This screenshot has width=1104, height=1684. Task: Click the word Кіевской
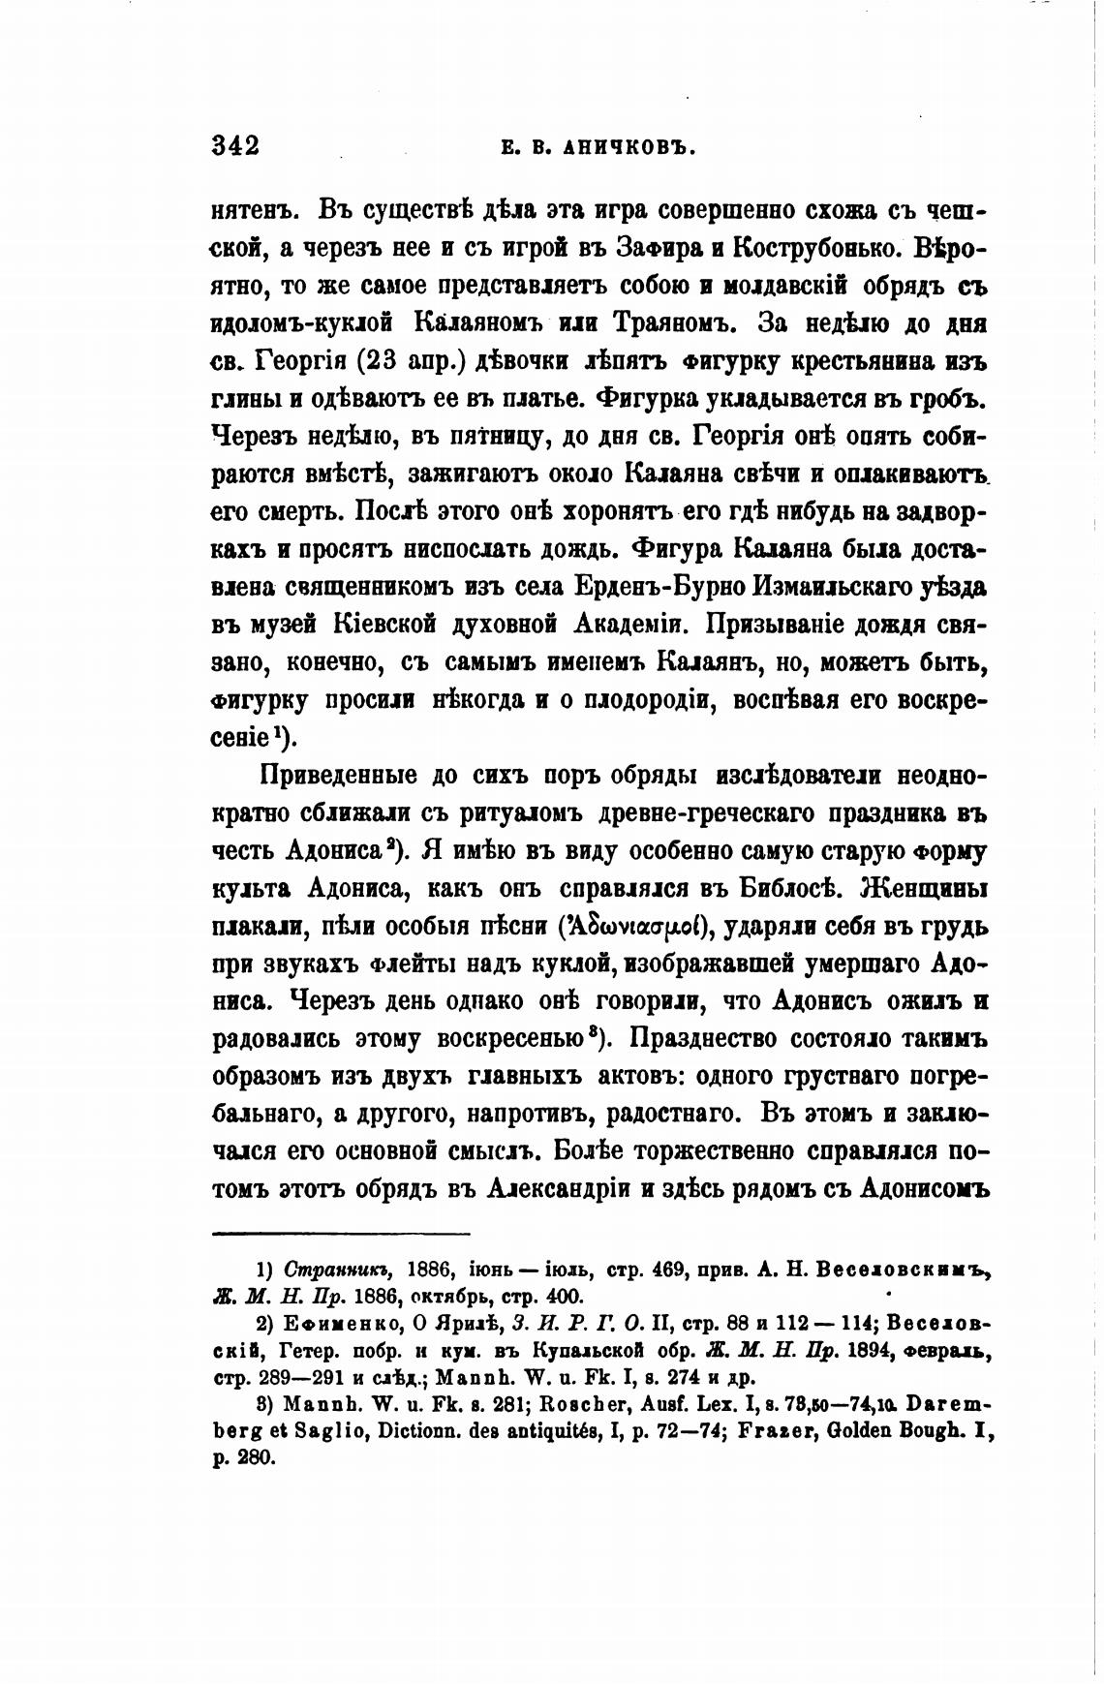point(377,626)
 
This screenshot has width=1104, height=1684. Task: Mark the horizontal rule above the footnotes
point(340,1233)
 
